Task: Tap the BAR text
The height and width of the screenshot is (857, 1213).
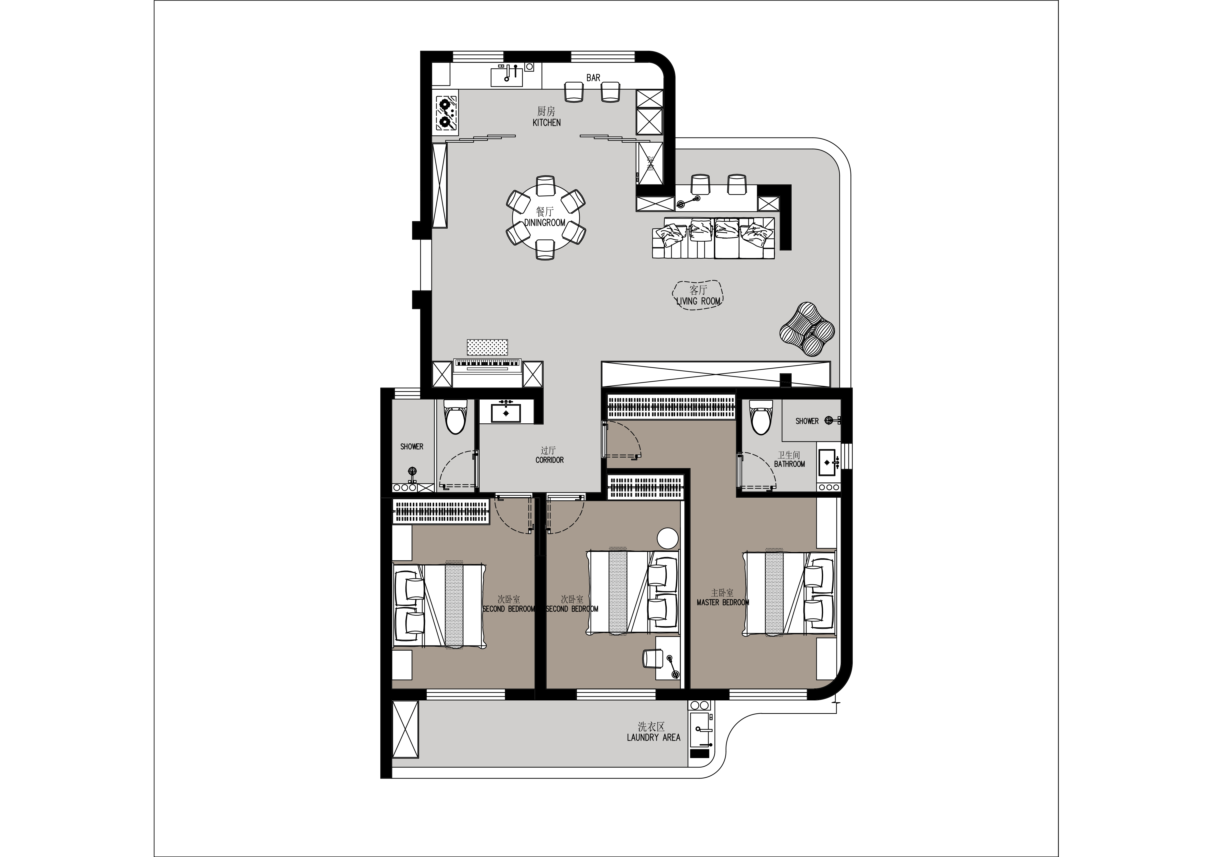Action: click(593, 78)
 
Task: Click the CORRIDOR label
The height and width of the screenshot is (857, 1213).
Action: click(550, 460)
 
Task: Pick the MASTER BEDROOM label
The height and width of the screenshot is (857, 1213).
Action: click(723, 602)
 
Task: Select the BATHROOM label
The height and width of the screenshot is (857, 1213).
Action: click(789, 464)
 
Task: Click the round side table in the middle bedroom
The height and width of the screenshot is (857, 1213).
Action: click(667, 538)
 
